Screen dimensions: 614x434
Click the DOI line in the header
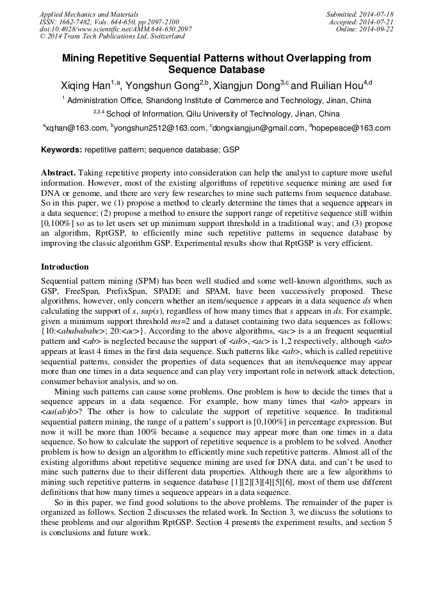115,29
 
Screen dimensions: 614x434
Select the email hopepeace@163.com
351,128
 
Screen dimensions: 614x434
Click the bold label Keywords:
61,150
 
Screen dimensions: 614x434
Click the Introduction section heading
65,267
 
